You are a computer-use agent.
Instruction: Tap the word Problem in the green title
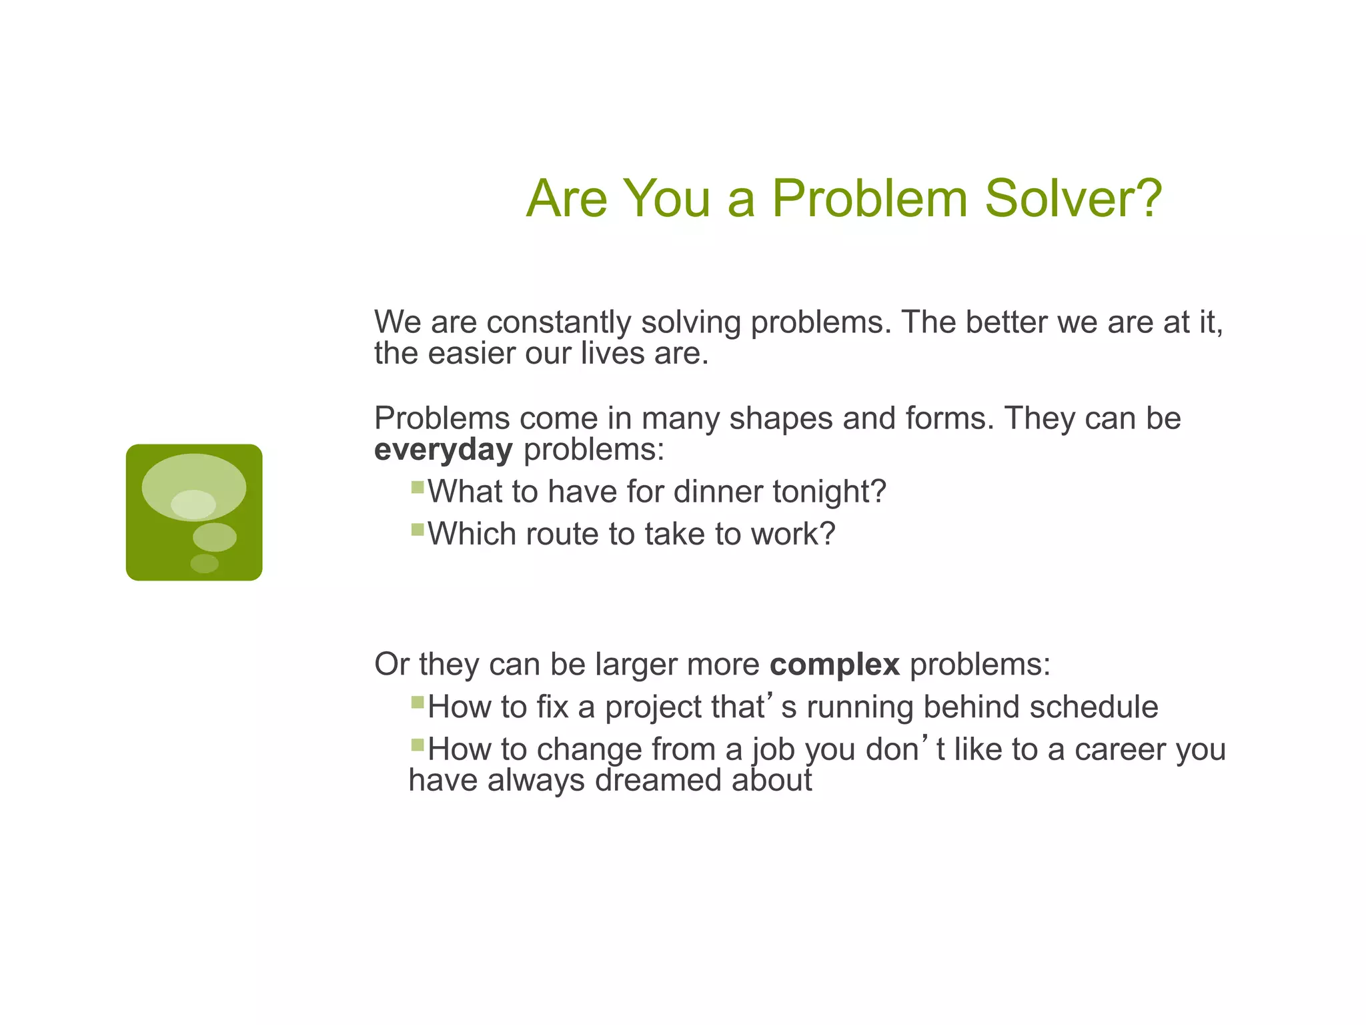pos(869,198)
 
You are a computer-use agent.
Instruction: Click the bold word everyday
pos(443,450)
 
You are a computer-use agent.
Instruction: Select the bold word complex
pos(834,665)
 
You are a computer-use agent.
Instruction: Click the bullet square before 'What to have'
pos(418,487)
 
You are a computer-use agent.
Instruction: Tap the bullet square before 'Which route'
pos(418,530)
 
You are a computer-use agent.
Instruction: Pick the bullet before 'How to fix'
pos(418,702)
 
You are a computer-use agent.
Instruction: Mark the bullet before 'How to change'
pos(418,745)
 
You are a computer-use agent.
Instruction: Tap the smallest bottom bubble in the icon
pos(204,563)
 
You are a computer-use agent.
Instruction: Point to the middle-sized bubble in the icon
pos(214,537)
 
